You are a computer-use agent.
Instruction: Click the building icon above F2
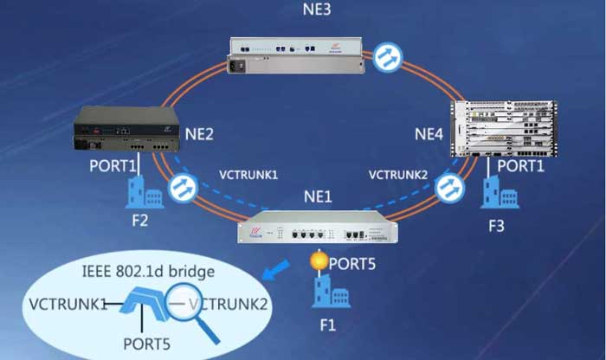click(139, 192)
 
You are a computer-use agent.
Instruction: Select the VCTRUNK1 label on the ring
click(248, 175)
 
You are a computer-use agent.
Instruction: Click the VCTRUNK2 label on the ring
click(396, 175)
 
